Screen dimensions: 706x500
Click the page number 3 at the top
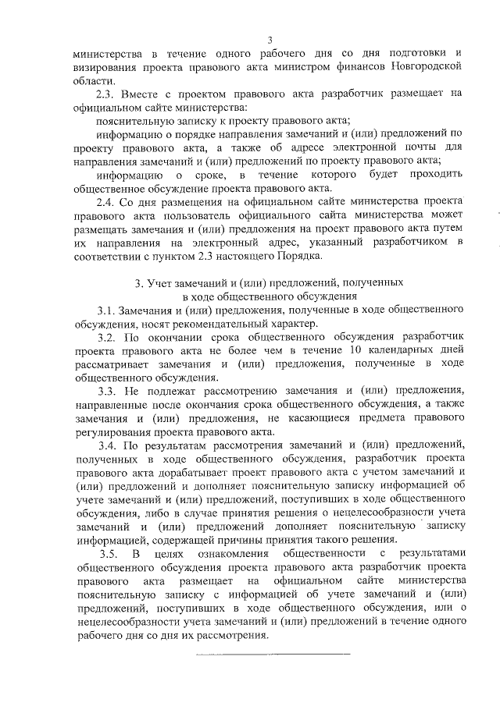click(x=269, y=40)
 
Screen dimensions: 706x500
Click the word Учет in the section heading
click(x=156, y=282)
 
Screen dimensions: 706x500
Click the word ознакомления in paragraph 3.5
click(x=223, y=555)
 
